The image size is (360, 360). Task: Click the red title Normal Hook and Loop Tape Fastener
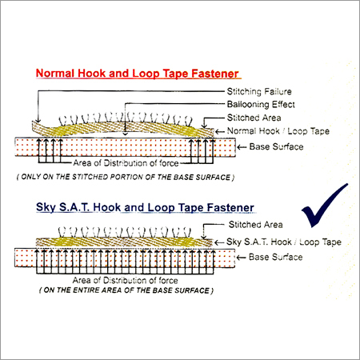(x=137, y=74)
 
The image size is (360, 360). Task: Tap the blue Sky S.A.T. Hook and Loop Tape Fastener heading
(x=145, y=207)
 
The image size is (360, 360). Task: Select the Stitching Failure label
(x=259, y=91)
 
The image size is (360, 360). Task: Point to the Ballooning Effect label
(x=261, y=104)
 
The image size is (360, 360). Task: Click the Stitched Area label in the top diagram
(x=254, y=118)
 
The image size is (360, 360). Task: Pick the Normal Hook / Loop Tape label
(x=278, y=131)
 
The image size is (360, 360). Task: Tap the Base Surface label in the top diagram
(x=276, y=146)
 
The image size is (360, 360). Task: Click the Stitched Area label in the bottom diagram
(x=256, y=225)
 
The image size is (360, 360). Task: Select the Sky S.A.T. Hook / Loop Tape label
(x=284, y=242)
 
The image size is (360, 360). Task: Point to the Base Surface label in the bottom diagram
(x=275, y=257)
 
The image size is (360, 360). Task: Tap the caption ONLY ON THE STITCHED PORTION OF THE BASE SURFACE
(x=126, y=177)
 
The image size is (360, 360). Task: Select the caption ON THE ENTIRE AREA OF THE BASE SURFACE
(x=126, y=290)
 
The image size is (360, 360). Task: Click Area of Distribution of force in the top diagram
(x=126, y=163)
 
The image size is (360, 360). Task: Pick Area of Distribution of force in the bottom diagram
(x=125, y=280)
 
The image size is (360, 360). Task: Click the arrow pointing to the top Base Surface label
(x=242, y=147)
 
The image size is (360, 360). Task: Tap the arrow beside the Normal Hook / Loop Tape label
(x=220, y=131)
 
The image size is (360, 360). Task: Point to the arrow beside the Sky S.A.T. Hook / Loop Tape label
(x=219, y=242)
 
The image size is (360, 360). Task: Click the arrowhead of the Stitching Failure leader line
(x=38, y=120)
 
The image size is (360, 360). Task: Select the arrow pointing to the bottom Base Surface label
(x=241, y=258)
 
